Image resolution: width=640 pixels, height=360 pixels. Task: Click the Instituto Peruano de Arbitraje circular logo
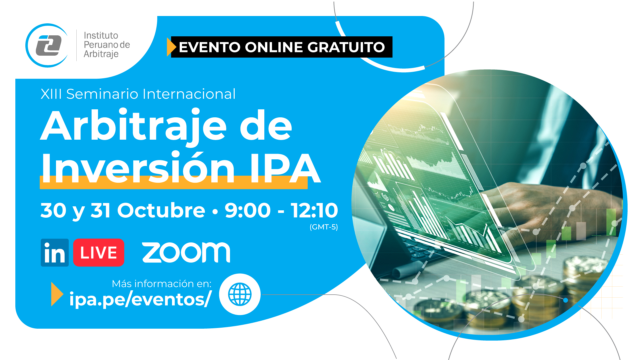pos(47,45)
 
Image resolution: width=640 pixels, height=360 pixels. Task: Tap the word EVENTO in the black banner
pos(209,47)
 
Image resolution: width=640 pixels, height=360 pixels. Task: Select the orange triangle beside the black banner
pos(171,47)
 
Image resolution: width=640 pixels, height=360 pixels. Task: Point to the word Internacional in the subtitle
pos(189,94)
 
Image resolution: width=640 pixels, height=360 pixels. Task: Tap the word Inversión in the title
pos(138,167)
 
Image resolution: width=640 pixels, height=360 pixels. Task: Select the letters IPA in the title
pos(285,168)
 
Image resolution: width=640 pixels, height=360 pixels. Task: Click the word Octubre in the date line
pos(161,210)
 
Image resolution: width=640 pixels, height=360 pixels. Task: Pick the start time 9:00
pos(247,210)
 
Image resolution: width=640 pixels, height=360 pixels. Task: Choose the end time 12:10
pos(314,210)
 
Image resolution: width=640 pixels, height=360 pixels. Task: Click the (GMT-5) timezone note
pos(324,227)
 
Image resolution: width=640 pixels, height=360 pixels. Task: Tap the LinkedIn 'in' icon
pos(55,253)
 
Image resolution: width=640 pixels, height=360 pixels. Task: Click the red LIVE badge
pos(99,253)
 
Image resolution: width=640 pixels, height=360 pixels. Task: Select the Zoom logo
pos(186,252)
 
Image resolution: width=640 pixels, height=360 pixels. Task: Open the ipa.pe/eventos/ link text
pos(140,299)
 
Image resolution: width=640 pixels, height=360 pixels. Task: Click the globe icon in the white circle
pos(240,294)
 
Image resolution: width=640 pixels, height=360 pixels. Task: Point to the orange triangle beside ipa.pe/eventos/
pos(57,294)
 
